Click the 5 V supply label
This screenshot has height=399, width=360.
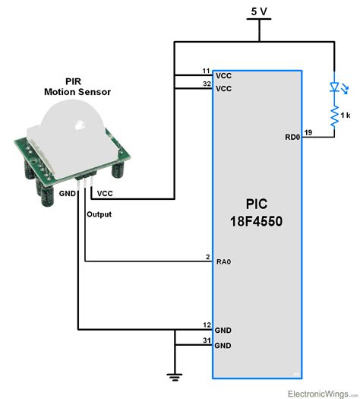click(x=259, y=11)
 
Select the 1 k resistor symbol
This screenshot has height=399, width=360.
click(x=333, y=115)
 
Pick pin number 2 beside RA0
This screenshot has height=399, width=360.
click(x=207, y=258)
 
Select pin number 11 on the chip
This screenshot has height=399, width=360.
click(x=206, y=71)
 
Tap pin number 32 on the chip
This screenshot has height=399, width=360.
click(x=206, y=84)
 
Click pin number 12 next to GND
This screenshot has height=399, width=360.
click(x=206, y=325)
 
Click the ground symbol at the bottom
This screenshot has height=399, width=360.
click(x=175, y=373)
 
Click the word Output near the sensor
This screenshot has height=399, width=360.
click(x=99, y=214)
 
